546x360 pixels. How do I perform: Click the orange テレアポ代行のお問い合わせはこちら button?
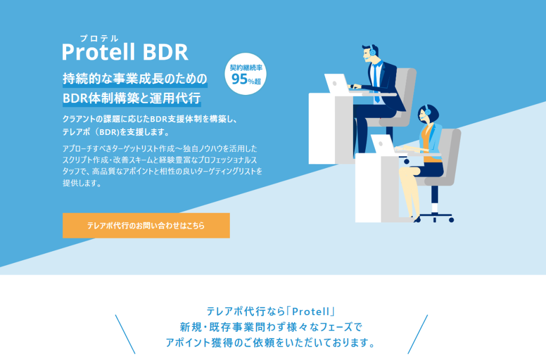coord(146,225)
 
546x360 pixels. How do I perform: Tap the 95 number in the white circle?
coord(239,79)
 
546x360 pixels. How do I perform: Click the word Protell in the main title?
coord(99,52)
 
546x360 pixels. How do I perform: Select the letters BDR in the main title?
coord(165,52)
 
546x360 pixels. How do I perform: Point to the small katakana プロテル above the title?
coord(99,38)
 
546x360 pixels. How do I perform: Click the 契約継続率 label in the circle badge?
coord(246,68)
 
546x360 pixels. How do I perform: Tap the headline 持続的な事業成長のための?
coord(135,79)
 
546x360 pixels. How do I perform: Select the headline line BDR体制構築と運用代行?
coord(132,98)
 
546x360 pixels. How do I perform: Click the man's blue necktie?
coord(376,84)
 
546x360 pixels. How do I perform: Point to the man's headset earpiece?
coord(373,52)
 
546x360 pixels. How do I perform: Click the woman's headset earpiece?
coord(428,112)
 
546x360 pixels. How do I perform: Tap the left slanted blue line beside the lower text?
coord(125,334)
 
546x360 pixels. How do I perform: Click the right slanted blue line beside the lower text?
coord(417,334)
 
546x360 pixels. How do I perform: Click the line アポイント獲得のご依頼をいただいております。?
coord(271,342)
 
